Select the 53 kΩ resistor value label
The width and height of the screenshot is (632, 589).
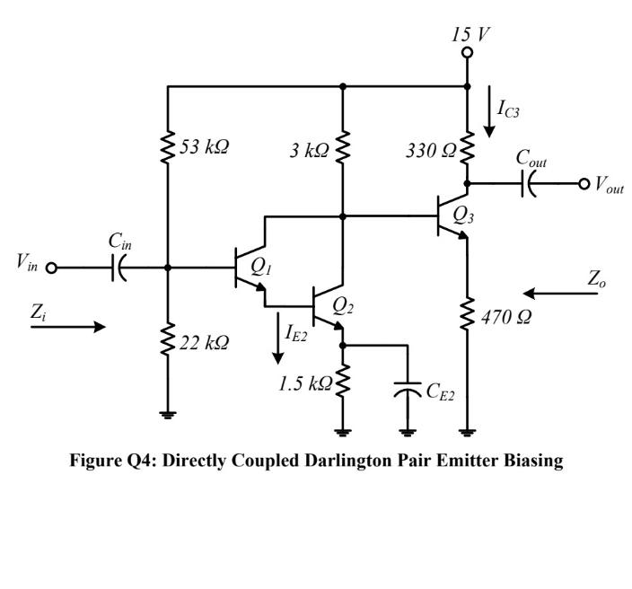203,147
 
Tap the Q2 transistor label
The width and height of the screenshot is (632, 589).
343,306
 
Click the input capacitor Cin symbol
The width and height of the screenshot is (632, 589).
118,268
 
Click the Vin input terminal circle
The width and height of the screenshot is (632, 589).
51,268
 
